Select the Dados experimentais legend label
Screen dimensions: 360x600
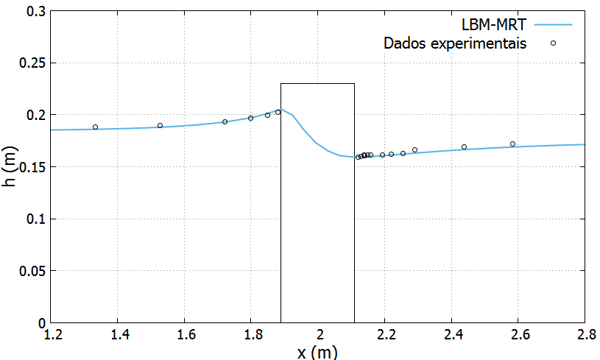coord(455,43)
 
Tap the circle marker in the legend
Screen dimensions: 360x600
coord(553,43)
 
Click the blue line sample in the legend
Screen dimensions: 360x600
coord(553,24)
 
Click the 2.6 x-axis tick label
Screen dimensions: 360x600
coord(518,336)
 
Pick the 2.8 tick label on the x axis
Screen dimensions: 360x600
coord(585,336)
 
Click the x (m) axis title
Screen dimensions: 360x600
coord(317,352)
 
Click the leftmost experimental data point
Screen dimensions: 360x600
coord(95,127)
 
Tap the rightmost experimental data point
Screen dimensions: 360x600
coord(512,144)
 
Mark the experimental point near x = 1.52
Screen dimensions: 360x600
coord(160,125)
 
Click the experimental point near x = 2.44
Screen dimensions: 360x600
coord(464,147)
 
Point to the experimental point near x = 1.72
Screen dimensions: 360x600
coord(225,121)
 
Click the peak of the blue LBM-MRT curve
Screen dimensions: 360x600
coord(280,109)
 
